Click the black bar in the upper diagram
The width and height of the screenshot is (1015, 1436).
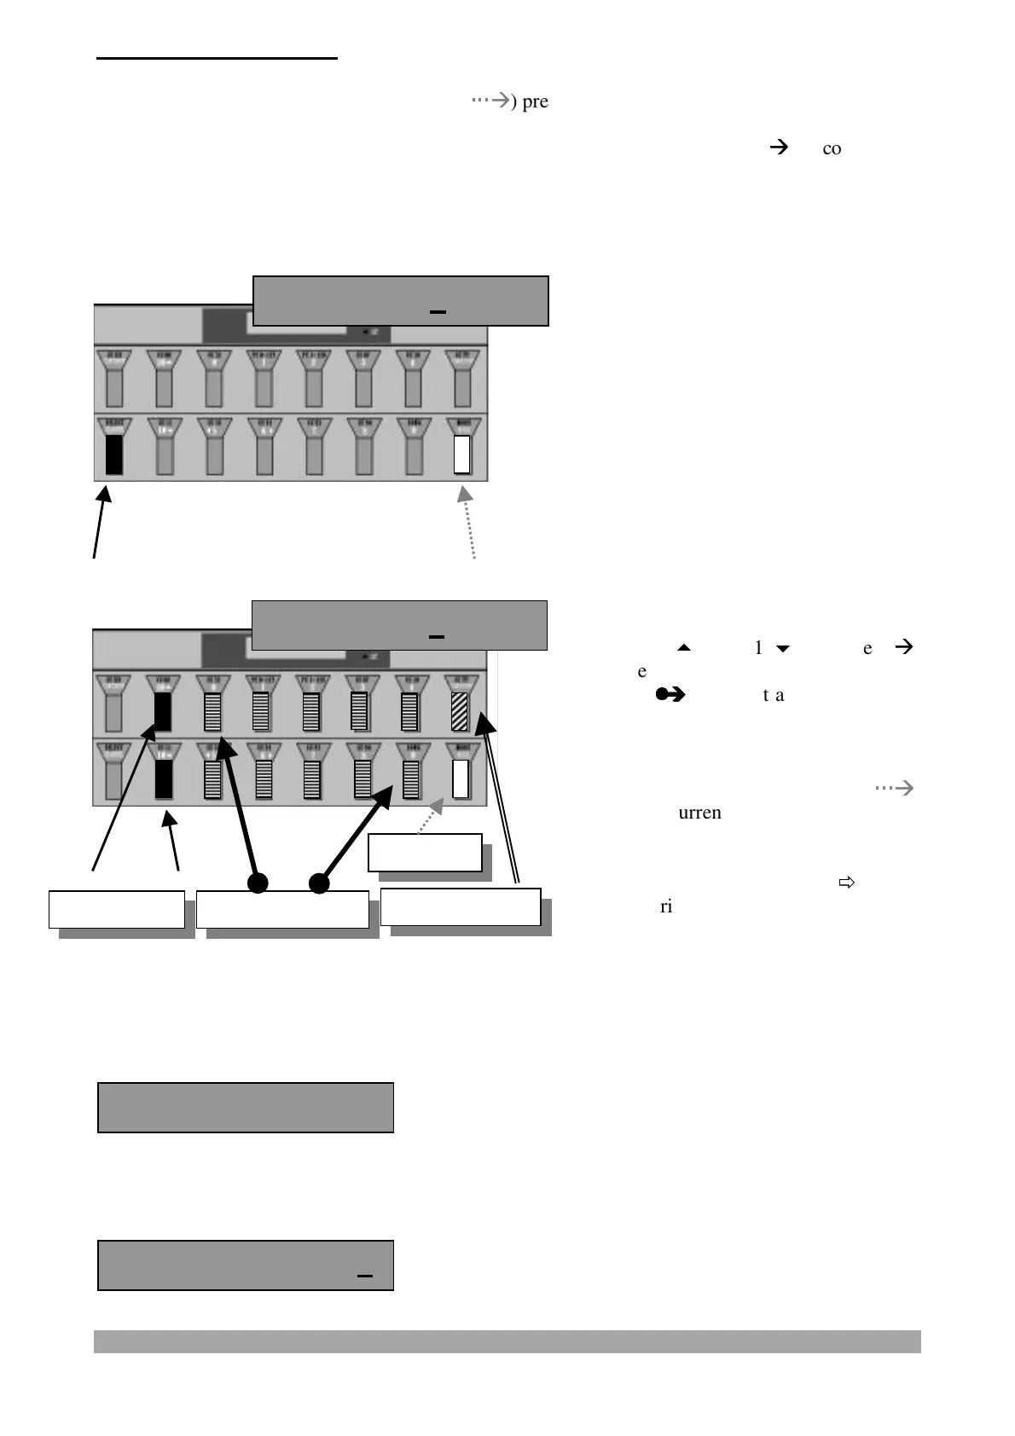coord(114,455)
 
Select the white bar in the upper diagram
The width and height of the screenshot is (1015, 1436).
coord(462,454)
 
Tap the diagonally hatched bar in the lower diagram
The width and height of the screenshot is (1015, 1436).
coord(461,712)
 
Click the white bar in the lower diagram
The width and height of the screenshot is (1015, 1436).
coord(461,779)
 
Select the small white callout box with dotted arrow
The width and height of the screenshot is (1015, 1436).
coord(425,853)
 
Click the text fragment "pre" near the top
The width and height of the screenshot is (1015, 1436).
coord(535,102)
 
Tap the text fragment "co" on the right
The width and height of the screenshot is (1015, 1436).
coord(832,149)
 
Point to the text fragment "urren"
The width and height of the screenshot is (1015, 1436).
coord(699,813)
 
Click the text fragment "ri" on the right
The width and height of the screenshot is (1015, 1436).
coord(666,906)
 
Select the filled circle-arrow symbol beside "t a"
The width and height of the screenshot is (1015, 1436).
coord(670,695)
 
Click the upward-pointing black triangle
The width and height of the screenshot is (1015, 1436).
coord(682,649)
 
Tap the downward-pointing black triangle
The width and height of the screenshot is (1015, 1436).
coord(782,649)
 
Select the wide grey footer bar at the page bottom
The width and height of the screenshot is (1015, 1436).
coord(507,1341)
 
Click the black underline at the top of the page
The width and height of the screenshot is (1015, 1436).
coord(217,59)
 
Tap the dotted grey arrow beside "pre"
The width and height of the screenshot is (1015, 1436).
coord(490,101)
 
